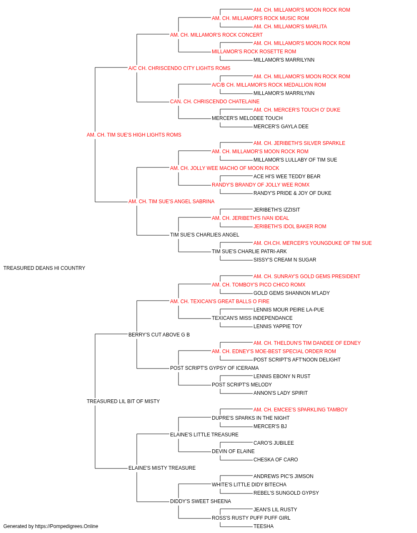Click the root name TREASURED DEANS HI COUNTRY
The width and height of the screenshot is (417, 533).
coord(44,268)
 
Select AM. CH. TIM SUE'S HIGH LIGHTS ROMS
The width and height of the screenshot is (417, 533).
coord(134,135)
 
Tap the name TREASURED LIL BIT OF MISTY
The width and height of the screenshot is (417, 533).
coord(123,401)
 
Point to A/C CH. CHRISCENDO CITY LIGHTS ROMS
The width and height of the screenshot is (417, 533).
coord(179,68)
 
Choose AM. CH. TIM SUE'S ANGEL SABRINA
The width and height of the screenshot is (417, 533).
coord(171,202)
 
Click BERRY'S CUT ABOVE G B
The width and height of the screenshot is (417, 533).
coord(159,334)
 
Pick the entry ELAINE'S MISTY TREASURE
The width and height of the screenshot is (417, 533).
coord(162,468)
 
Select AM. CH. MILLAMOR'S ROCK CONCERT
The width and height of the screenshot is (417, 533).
coord(216,35)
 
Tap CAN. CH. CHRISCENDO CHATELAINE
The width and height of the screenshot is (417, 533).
coord(215,102)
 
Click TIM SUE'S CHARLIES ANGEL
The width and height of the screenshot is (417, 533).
coord(205,235)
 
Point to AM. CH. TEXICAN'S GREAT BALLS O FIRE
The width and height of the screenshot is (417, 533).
coord(220,301)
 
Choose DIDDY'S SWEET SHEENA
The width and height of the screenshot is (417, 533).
coord(201,501)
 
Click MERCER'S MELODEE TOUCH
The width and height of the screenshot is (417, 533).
coord(247,118)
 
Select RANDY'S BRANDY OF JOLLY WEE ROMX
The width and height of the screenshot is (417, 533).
coord(261,185)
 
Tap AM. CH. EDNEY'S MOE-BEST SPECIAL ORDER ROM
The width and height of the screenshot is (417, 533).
coord(274,351)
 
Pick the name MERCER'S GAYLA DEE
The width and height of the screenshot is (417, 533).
coord(281,127)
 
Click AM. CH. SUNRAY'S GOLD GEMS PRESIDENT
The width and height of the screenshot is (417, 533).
coord(307,276)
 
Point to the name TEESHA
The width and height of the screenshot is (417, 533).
coord(264,526)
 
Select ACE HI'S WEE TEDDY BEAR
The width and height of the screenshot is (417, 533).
coord(287,177)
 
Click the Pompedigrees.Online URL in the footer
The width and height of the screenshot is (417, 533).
coord(67,526)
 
